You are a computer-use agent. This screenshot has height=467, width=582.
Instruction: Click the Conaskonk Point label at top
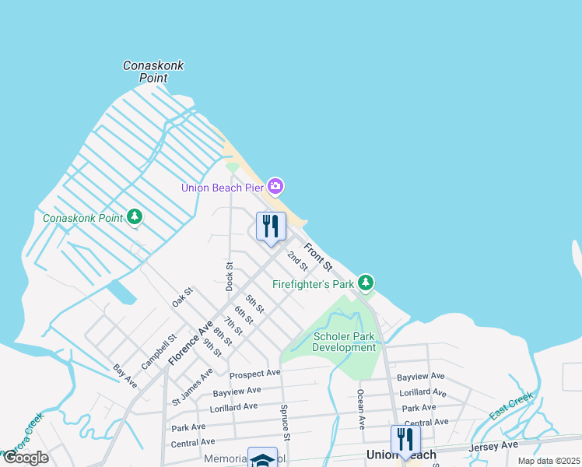click(153, 72)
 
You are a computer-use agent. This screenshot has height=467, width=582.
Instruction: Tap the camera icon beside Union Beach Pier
click(275, 186)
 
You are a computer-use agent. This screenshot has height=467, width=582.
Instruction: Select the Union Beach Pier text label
click(223, 187)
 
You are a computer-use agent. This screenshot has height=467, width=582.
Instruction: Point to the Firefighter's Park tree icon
click(366, 283)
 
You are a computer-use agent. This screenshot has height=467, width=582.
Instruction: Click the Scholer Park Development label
click(344, 342)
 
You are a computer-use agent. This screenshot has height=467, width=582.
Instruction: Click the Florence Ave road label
click(190, 342)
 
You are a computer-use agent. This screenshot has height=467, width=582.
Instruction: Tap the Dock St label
click(230, 276)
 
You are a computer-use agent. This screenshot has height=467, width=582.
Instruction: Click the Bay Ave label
click(124, 376)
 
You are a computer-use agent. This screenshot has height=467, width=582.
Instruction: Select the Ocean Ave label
click(361, 410)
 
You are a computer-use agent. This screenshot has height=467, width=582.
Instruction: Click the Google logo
click(25, 458)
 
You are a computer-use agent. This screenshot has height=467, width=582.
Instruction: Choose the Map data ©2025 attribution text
click(549, 461)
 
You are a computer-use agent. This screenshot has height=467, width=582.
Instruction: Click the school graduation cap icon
click(262, 459)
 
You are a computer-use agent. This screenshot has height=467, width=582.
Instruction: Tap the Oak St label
click(182, 297)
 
